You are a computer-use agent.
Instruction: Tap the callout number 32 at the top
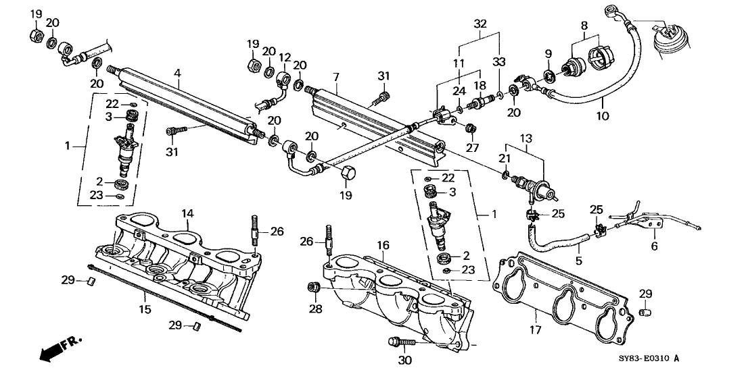(x=481, y=22)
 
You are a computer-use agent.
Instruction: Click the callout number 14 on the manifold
(x=187, y=213)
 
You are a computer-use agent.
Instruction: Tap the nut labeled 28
(x=313, y=288)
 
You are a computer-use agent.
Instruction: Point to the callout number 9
(x=548, y=54)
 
